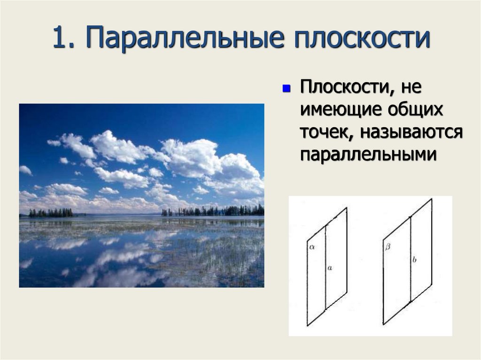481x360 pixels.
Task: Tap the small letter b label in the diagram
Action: tap(414, 259)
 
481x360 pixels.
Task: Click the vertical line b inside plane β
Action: tap(411, 282)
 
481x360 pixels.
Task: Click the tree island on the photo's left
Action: tap(51, 213)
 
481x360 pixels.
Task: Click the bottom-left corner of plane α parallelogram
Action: tap(308, 325)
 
